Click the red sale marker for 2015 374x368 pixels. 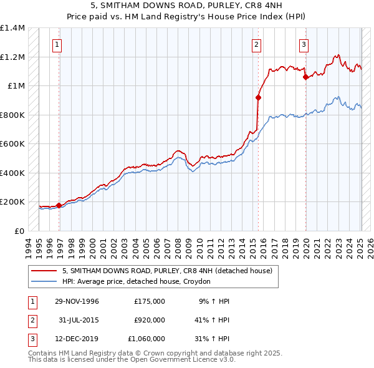tap(258, 97)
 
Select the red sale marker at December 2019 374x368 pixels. tap(305, 77)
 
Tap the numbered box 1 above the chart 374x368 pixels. tap(57, 44)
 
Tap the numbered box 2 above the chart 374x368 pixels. tap(256, 44)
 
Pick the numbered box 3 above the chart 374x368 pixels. tap(304, 44)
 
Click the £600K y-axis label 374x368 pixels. tap(12, 144)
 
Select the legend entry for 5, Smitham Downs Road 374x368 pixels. tap(167, 271)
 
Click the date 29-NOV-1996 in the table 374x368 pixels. tap(77, 301)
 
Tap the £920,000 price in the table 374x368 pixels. tap(150, 320)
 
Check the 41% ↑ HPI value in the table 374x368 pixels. tap(212, 320)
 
